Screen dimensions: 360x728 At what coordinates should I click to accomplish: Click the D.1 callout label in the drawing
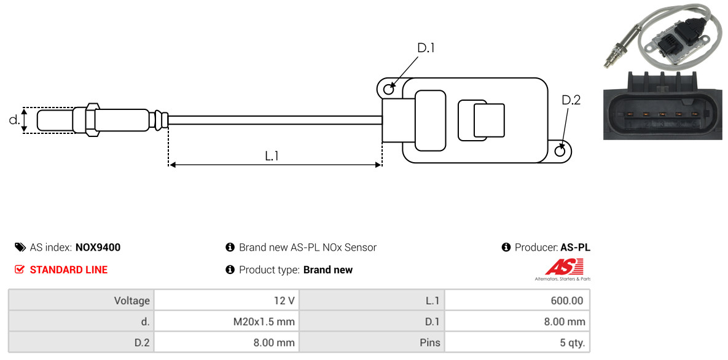click(426, 48)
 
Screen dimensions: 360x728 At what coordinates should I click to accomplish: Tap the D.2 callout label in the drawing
click(571, 100)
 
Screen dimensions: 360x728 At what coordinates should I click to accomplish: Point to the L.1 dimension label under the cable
click(272, 156)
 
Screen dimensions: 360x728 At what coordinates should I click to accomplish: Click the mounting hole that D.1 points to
click(389, 90)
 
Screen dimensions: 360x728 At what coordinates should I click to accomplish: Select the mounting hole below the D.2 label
click(560, 151)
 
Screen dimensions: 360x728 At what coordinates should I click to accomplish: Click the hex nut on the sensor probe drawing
click(90, 119)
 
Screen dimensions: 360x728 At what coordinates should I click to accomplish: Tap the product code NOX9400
click(98, 248)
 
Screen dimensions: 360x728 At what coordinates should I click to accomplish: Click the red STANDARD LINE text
click(68, 270)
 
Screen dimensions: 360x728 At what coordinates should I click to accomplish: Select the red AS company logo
click(564, 267)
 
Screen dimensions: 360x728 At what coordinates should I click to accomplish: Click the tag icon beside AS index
click(20, 248)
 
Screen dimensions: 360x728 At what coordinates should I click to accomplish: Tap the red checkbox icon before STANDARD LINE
click(20, 270)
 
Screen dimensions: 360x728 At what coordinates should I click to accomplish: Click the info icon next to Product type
click(230, 270)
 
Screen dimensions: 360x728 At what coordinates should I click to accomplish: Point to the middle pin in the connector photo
click(662, 114)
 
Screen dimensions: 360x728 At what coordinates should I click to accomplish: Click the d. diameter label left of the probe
click(14, 120)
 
